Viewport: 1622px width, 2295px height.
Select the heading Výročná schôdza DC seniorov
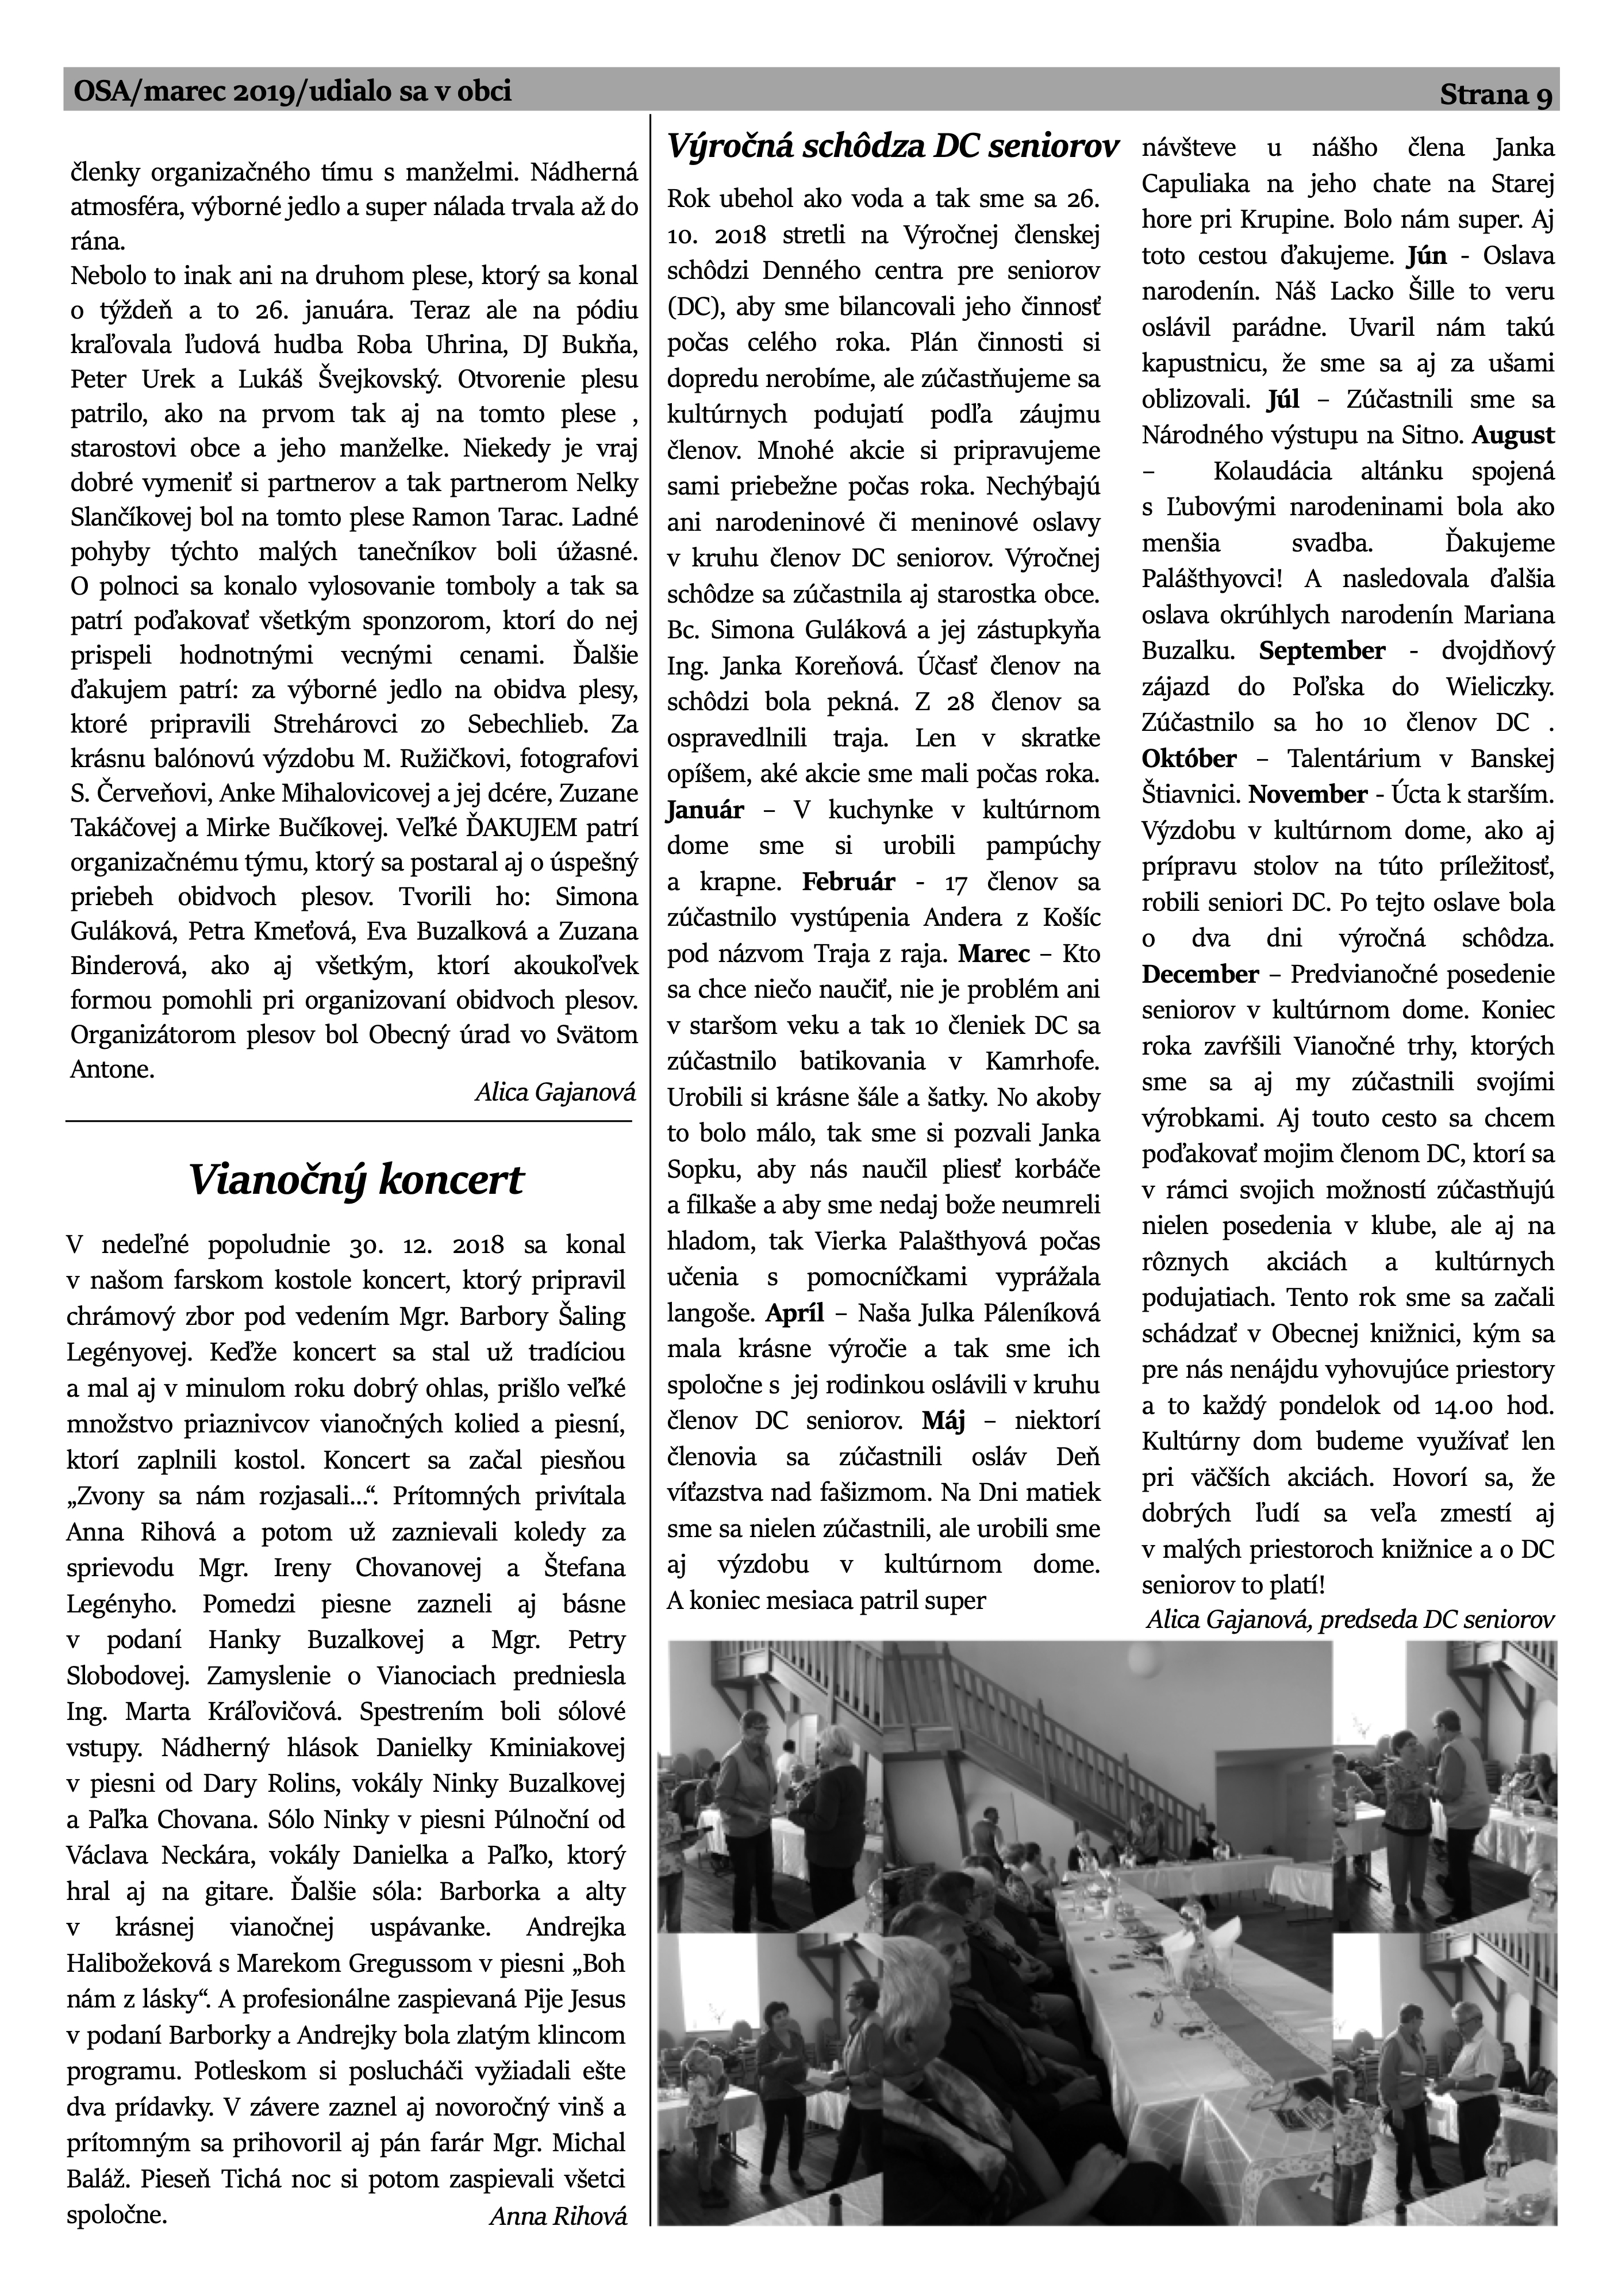tap(891, 147)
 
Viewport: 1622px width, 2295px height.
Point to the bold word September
tap(1321, 651)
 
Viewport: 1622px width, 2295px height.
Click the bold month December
tap(1200, 974)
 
